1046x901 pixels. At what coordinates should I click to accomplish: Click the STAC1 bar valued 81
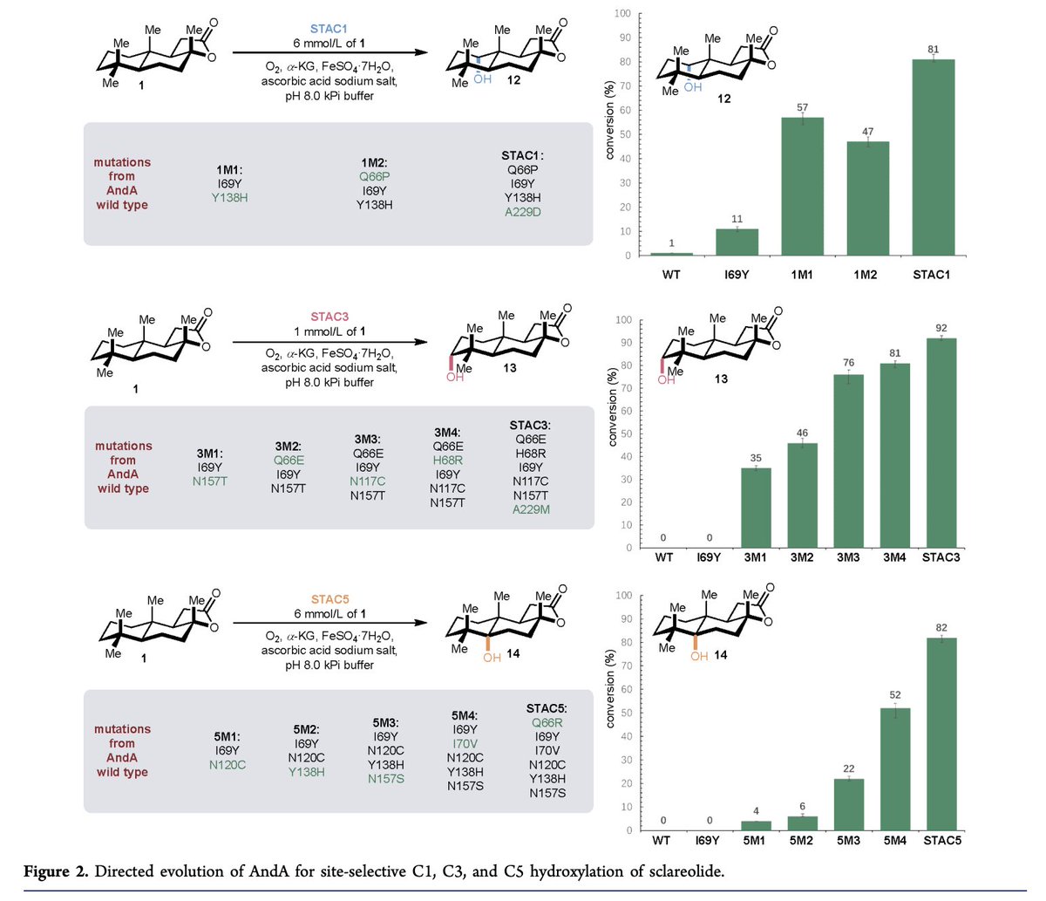pos(930,157)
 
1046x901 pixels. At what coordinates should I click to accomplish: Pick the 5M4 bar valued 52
pos(894,768)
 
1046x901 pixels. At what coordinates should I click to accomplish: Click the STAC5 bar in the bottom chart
pos(941,734)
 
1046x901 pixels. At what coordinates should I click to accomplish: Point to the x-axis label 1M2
pos(866,274)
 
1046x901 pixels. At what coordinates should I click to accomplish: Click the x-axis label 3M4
pos(894,556)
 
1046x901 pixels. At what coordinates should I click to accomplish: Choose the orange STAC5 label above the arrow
pos(330,599)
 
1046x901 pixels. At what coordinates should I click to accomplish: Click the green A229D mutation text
pos(523,212)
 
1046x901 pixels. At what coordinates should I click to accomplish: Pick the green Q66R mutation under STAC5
pos(547,722)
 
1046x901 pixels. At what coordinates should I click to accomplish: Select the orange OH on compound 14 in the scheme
pos(492,657)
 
